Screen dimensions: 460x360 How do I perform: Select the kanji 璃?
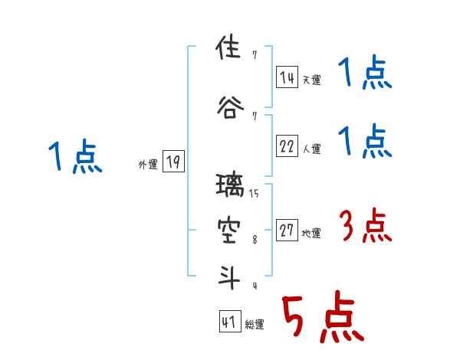coord(228,186)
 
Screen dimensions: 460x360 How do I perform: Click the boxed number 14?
coord(287,77)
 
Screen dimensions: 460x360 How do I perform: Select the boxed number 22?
coord(287,147)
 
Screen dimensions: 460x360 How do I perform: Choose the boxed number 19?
coord(173,162)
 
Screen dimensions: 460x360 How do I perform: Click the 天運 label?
coord(311,80)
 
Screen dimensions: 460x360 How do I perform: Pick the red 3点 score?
coord(365,227)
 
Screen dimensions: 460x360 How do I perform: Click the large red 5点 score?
coord(322,317)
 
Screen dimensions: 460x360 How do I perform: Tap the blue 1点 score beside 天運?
coord(365,74)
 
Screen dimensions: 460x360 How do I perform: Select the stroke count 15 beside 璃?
coord(254,194)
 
